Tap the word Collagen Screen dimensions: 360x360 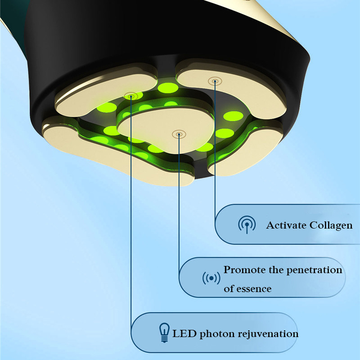click(x=331, y=226)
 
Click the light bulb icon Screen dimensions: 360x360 click(x=164, y=333)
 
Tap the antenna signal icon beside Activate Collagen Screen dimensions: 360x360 click(x=247, y=225)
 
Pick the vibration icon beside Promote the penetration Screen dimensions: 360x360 click(x=211, y=278)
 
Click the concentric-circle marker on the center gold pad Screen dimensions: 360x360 click(x=179, y=134)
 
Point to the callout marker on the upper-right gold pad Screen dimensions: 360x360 click(x=215, y=81)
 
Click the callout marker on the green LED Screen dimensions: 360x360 click(x=131, y=96)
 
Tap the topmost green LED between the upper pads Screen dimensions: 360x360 click(x=168, y=88)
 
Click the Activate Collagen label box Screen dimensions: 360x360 click(x=287, y=224)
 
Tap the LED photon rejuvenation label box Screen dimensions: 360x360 click(x=215, y=333)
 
